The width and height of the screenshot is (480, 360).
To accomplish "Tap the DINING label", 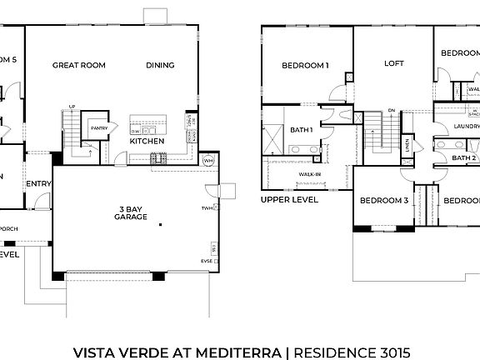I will (160, 64).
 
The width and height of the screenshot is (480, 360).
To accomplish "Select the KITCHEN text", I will (146, 141).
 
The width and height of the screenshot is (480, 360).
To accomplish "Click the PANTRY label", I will (99, 127).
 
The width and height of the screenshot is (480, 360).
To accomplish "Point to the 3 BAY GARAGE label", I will (131, 212).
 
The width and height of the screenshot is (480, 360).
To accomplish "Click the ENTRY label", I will (38, 184).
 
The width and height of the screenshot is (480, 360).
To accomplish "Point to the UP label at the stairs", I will (72, 107).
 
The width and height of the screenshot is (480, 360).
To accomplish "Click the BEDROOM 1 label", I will (305, 64).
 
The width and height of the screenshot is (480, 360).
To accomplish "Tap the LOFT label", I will (393, 62).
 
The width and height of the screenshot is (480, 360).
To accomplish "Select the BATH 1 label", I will (301, 129).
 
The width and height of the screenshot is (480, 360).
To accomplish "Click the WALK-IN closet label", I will (310, 174).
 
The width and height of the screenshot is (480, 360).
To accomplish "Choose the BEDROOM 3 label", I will (384, 200).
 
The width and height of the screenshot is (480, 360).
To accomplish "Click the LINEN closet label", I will (407, 147).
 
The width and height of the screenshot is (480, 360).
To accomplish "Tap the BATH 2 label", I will (463, 157).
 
